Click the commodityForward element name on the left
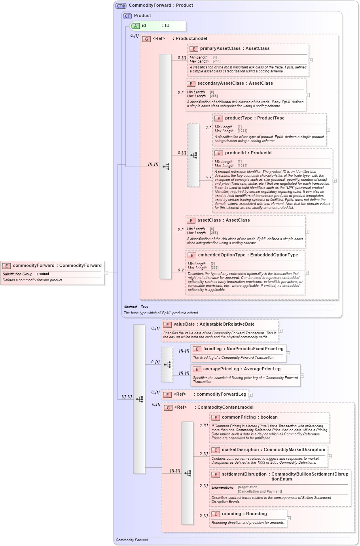(57, 265)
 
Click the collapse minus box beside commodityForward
(106, 273)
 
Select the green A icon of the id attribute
(135, 26)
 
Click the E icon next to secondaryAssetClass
(191, 83)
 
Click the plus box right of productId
(334, 181)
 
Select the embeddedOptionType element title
(248, 255)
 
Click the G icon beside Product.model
(146, 39)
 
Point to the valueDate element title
(214, 324)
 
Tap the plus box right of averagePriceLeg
(302, 375)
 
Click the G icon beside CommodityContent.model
(168, 408)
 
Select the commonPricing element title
(249, 417)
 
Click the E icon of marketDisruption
(216, 450)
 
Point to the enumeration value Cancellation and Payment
(260, 491)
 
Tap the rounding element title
(244, 514)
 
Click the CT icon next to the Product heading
(127, 16)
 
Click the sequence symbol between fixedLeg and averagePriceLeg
(167, 364)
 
